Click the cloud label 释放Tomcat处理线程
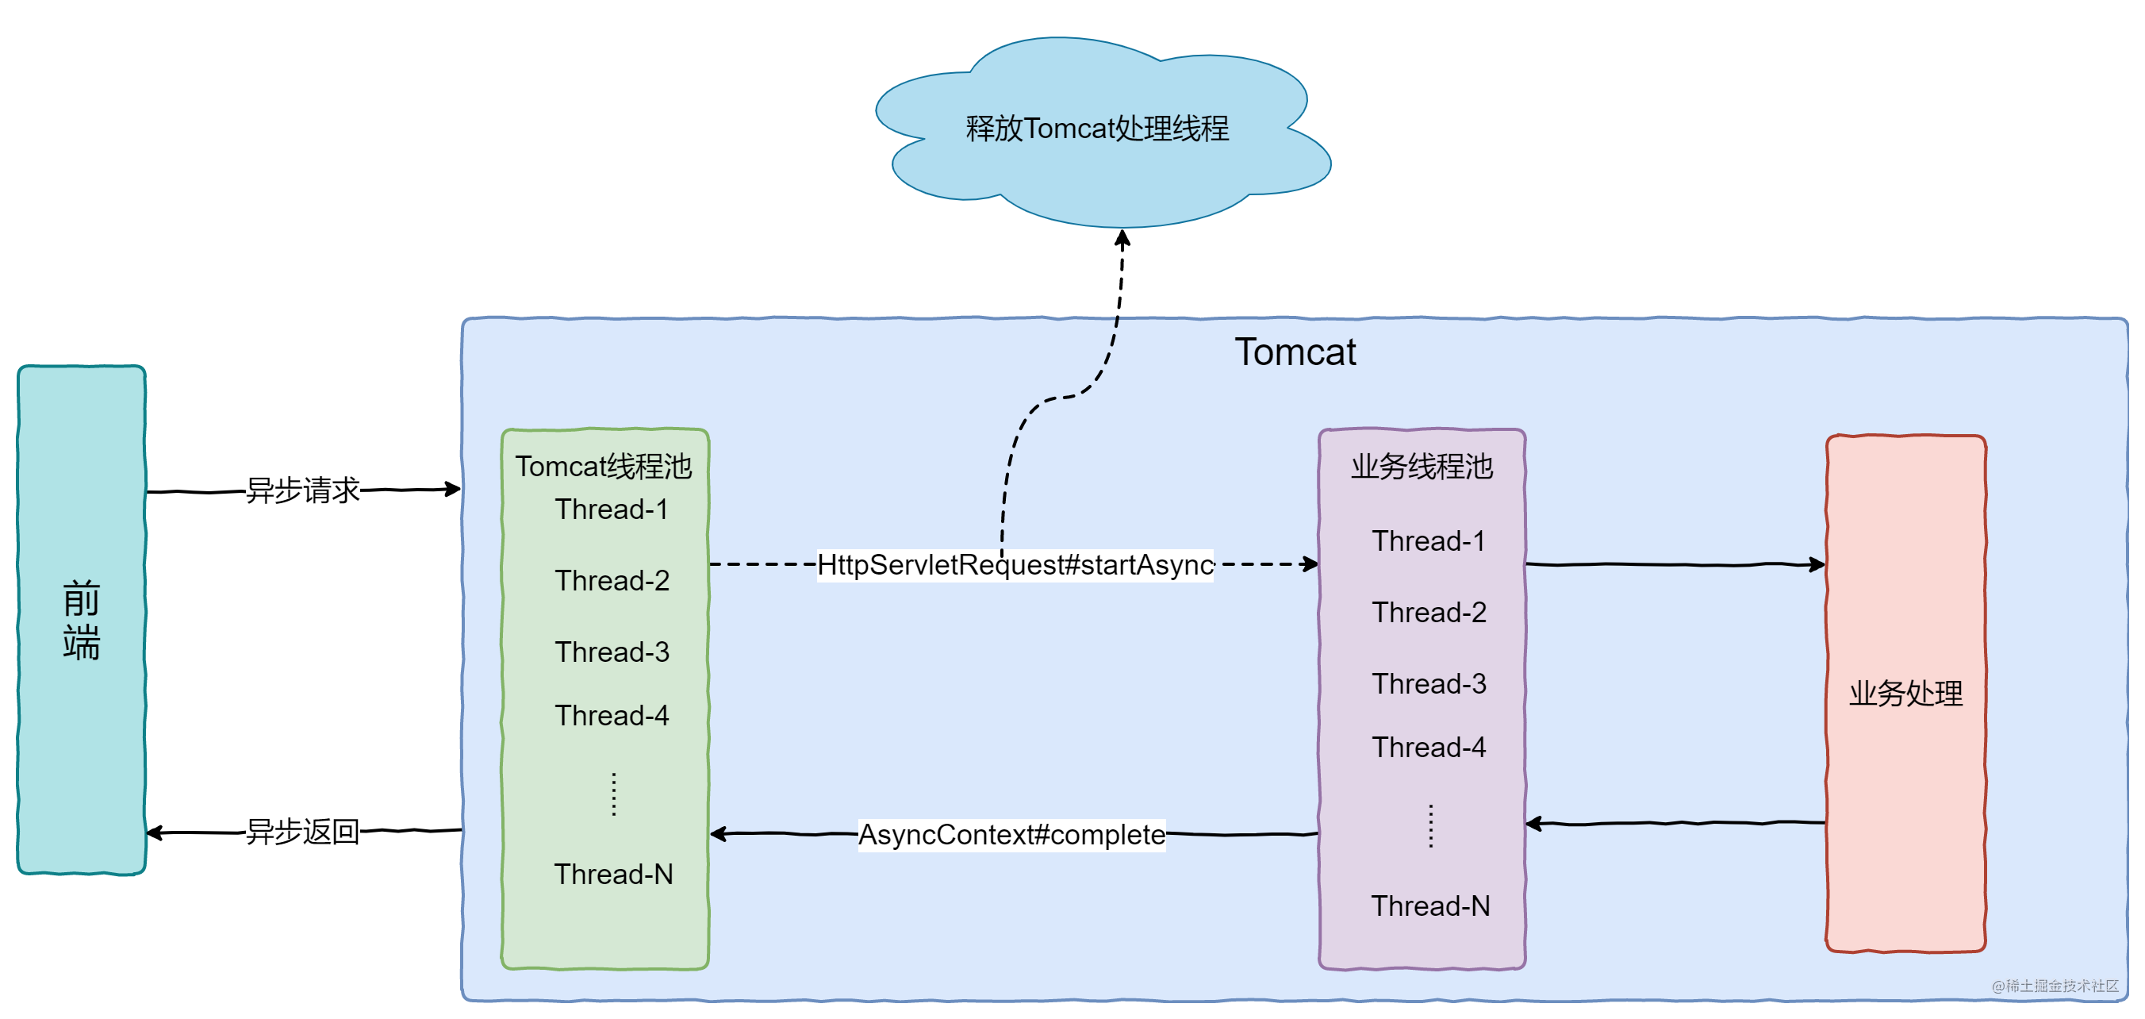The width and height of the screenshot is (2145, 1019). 1096,129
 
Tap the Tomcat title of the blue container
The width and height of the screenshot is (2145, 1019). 1295,352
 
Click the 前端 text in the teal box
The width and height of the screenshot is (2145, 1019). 82,621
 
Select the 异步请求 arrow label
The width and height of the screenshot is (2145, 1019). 302,490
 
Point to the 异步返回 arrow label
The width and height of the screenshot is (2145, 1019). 302,832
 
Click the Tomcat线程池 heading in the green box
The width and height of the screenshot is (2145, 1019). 604,467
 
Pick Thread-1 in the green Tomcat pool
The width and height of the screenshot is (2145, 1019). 612,509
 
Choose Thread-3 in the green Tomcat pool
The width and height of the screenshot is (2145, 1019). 612,652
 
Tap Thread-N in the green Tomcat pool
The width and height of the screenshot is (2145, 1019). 614,874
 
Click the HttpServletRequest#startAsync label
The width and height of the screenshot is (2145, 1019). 1015,565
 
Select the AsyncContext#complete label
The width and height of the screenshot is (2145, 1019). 1011,834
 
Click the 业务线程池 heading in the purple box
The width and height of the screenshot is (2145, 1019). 1422,467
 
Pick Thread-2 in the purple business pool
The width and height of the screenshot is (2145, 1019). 1429,613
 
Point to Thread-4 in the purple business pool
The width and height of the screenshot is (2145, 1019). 1429,748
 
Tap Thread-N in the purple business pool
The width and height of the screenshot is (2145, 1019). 1430,906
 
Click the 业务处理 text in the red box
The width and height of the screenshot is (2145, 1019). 1906,693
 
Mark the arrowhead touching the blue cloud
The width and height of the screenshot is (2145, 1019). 1122,239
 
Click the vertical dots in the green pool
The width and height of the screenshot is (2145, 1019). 614,794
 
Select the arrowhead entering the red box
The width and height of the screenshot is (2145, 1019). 1817,565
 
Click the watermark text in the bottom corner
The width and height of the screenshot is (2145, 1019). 2055,986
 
